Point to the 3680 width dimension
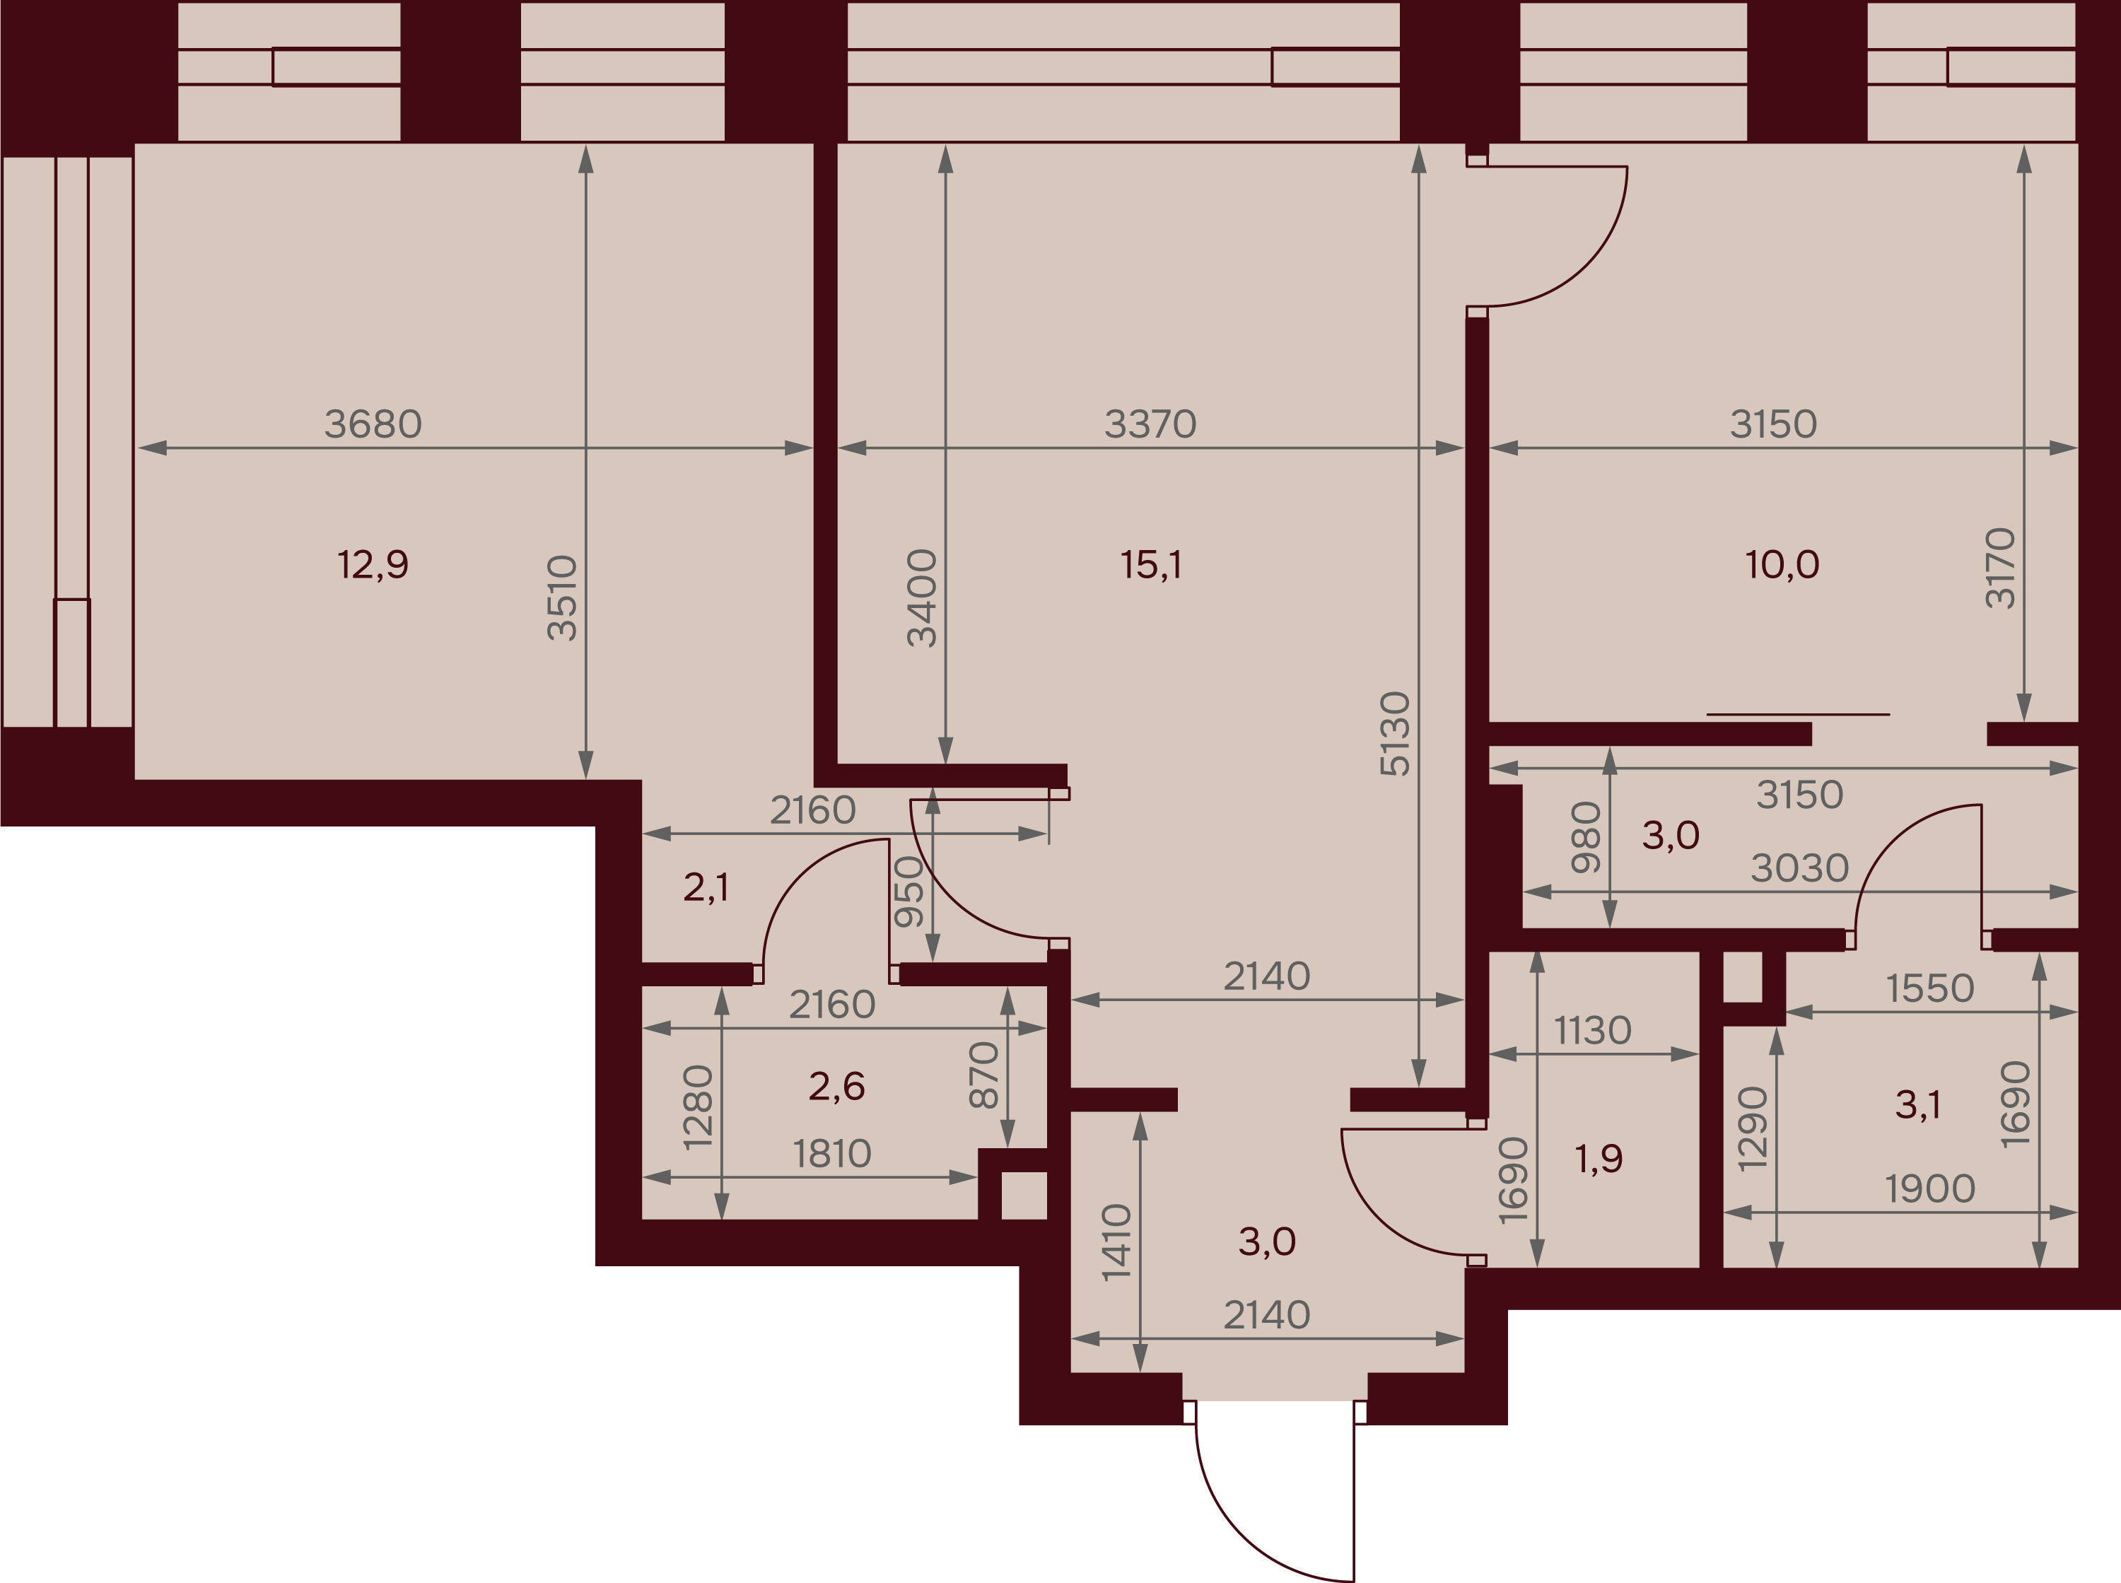(x=373, y=424)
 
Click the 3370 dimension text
(x=1150, y=424)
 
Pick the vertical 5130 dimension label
(x=1395, y=733)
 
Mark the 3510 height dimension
(x=562, y=598)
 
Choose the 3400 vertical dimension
(x=922, y=598)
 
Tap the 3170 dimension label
(x=2000, y=568)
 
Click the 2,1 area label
(x=706, y=887)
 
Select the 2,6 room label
(x=836, y=1086)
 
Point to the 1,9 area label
(x=1599, y=1159)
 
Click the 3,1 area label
(x=1918, y=1105)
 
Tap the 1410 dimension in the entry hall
(x=1117, y=1243)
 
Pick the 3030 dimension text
(x=1800, y=868)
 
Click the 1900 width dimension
(x=1930, y=1189)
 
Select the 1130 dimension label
(x=1592, y=1030)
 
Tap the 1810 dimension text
(x=831, y=1154)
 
